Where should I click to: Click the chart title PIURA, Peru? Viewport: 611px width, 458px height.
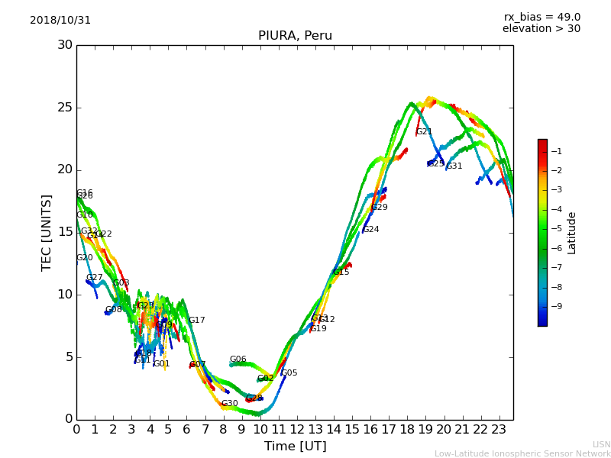click(x=295, y=36)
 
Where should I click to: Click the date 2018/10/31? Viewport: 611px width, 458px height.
click(x=60, y=21)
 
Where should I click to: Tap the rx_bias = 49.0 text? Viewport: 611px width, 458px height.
click(x=541, y=18)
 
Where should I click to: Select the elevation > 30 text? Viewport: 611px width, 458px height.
click(x=541, y=29)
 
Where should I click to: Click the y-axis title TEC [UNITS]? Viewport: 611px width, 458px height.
click(x=47, y=232)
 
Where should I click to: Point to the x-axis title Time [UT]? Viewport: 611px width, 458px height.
click(x=295, y=447)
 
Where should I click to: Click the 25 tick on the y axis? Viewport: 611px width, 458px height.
click(x=65, y=108)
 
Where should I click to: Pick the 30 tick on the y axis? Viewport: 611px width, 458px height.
click(x=65, y=45)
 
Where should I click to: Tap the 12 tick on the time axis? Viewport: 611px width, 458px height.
click(x=297, y=430)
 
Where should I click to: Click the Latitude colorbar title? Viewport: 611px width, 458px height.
click(x=572, y=233)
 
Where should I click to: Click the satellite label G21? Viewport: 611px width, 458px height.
click(x=424, y=132)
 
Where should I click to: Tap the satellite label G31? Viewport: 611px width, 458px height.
click(x=454, y=166)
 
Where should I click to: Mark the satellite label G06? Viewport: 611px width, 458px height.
click(x=238, y=360)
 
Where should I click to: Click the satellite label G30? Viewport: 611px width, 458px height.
click(x=229, y=404)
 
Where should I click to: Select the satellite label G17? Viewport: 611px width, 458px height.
click(x=197, y=321)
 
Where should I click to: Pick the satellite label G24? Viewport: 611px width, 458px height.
click(x=370, y=230)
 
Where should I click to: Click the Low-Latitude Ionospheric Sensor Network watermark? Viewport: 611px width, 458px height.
click(x=522, y=454)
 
